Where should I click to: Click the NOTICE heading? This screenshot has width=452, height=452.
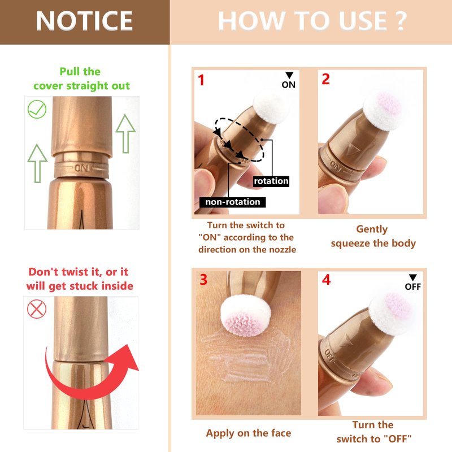click(84, 21)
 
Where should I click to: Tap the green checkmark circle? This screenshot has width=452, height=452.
click(37, 109)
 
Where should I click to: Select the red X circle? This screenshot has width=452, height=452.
click(37, 309)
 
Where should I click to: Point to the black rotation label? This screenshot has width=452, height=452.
click(271, 181)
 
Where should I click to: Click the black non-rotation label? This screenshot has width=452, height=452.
click(233, 202)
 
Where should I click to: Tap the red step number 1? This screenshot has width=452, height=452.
click(201, 80)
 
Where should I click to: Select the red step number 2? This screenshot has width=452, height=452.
click(326, 79)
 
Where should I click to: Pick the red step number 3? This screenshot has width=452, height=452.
click(203, 280)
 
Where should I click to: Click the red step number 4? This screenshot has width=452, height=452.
click(327, 280)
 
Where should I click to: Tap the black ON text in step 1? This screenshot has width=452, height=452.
click(289, 85)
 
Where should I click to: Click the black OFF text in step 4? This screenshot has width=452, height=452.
click(413, 286)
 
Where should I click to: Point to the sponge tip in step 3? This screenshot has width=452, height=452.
click(246, 315)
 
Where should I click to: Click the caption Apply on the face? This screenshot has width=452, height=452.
click(249, 433)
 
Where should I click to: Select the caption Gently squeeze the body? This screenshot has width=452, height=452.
click(373, 236)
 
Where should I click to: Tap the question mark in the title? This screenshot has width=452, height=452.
click(400, 21)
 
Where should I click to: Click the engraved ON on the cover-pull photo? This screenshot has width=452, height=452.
click(81, 168)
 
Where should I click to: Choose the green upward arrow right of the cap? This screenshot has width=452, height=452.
click(125, 133)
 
